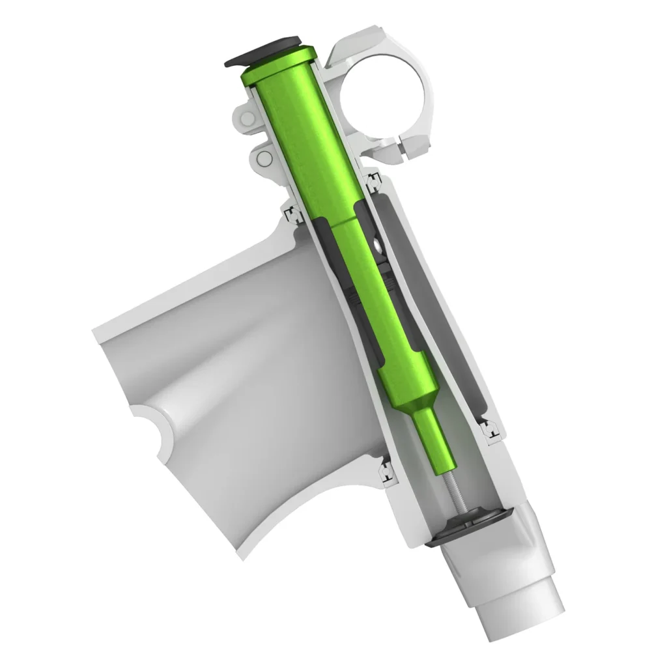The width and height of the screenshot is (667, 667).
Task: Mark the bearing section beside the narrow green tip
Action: click(489, 429)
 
